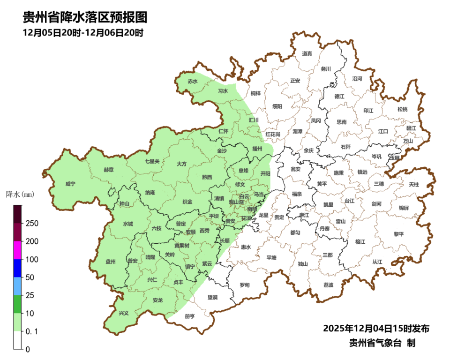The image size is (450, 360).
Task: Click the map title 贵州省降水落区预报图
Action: tap(85, 18)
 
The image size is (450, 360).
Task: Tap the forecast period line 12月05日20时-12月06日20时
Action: tap(83, 33)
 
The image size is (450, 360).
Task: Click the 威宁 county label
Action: tap(70, 184)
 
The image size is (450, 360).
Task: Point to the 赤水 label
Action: tap(193, 81)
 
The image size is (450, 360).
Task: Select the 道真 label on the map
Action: tap(307, 54)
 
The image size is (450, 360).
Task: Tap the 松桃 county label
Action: tap(402, 109)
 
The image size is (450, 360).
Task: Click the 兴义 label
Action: tap(123, 313)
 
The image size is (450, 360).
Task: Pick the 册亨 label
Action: tap(190, 316)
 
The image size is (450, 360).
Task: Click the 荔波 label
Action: tap(329, 285)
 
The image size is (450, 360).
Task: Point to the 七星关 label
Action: tap(152, 161)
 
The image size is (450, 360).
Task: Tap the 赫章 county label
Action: tap(108, 170)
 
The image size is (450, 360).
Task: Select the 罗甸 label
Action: tap(245, 285)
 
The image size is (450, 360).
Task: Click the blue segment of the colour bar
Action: tap(17, 268)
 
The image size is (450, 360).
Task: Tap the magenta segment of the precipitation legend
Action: tap(17, 250)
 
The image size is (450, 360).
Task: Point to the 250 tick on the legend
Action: tap(32, 223)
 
